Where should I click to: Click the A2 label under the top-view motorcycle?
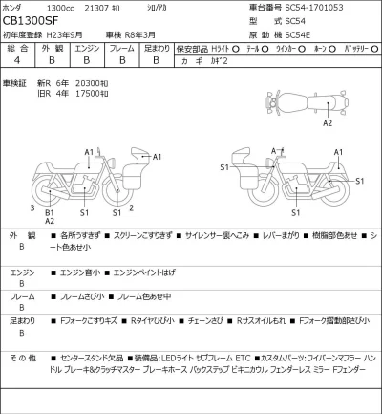tap(327, 123)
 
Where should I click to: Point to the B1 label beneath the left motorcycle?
tap(51, 212)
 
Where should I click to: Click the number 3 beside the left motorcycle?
tap(32, 207)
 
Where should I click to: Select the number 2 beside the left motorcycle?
tap(130, 207)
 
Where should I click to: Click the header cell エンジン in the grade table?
tap(87, 47)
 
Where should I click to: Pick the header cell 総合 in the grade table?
tap(16, 47)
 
